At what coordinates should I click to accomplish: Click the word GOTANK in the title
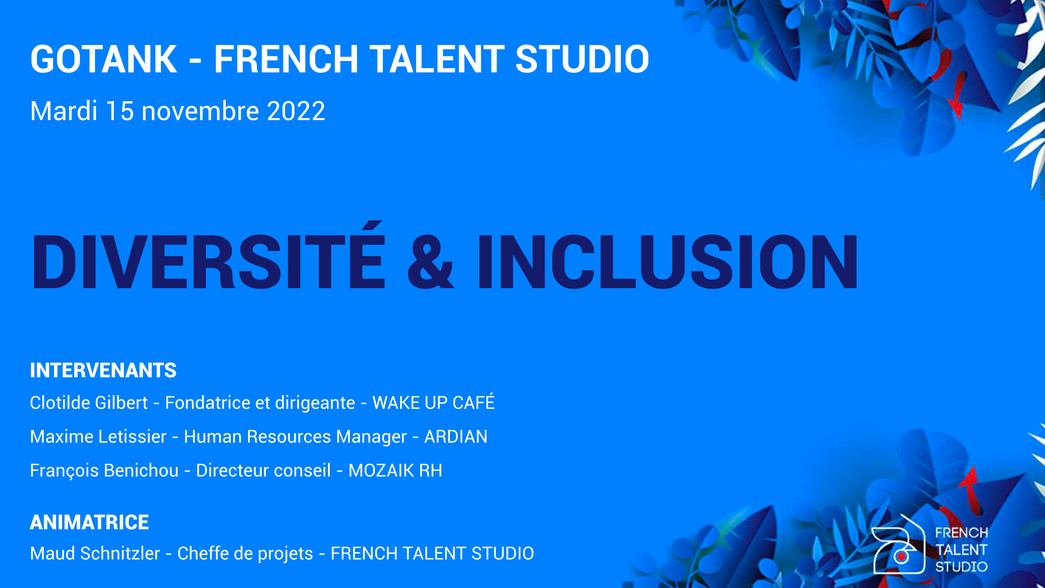(104, 59)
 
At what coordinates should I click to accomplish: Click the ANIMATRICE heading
(89, 522)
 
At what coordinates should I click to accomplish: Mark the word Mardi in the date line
(64, 111)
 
